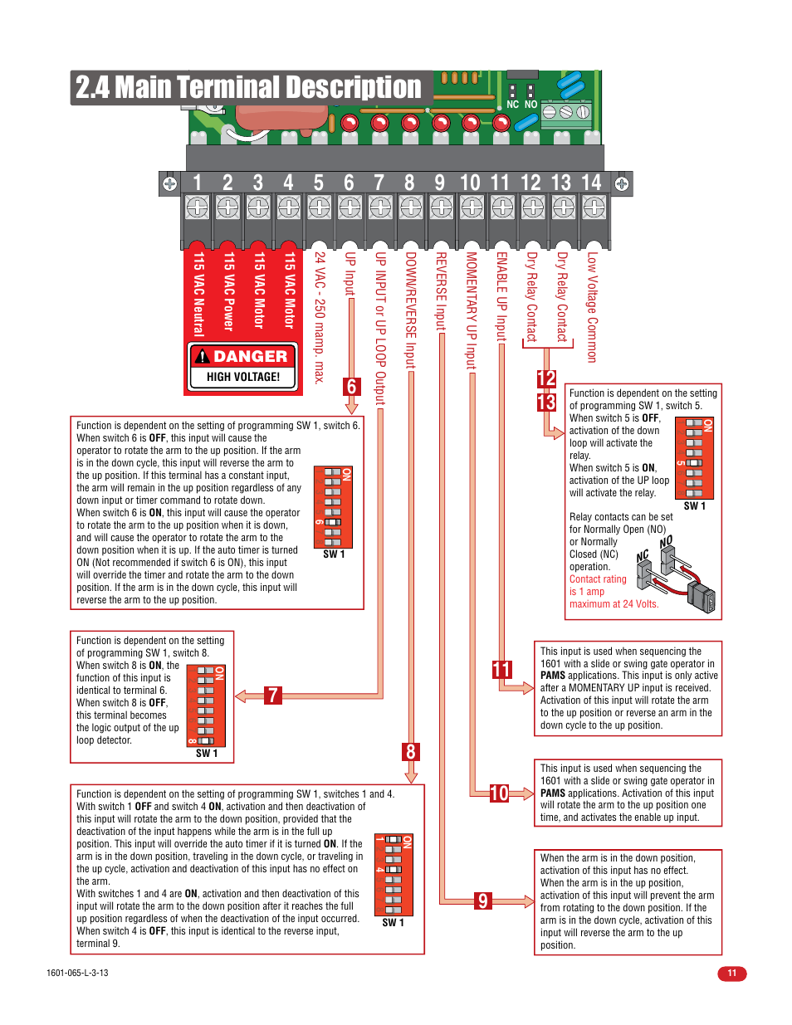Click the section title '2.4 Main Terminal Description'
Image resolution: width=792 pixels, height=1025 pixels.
pyautogui.click(x=248, y=87)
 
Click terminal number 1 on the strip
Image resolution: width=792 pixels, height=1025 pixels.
pyautogui.click(x=197, y=183)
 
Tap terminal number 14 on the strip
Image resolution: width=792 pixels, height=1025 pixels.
pyautogui.click(x=591, y=183)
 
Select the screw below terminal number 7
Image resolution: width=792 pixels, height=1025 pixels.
pyautogui.click(x=380, y=207)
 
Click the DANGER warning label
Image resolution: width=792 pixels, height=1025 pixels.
pyautogui.click(x=242, y=356)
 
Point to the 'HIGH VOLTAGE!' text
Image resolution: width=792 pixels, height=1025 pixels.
pyautogui.click(x=243, y=377)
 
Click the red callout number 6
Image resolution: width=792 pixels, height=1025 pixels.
pyautogui.click(x=352, y=387)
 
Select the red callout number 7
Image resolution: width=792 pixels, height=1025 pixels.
pyautogui.click(x=273, y=696)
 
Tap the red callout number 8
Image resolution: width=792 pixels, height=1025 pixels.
pyautogui.click(x=410, y=752)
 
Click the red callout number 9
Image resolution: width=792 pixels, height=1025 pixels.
pyautogui.click(x=482, y=901)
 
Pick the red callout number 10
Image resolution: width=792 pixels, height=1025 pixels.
pyautogui.click(x=499, y=793)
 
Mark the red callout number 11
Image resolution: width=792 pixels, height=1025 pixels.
pyautogui.click(x=501, y=670)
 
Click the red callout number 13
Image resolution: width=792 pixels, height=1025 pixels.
pyautogui.click(x=546, y=403)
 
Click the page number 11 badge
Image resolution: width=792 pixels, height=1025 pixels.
pyautogui.click(x=731, y=973)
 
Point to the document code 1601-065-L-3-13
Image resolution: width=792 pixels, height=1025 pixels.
pyautogui.click(x=77, y=973)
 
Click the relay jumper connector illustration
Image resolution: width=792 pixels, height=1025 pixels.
pyautogui.click(x=677, y=574)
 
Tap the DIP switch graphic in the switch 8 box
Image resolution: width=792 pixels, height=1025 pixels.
pyautogui.click(x=207, y=705)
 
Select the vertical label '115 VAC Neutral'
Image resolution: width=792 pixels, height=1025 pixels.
pyautogui.click(x=198, y=294)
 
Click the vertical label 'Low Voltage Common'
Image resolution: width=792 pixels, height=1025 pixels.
pyautogui.click(x=592, y=307)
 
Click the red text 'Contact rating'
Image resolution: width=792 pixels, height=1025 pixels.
pyautogui.click(x=598, y=579)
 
